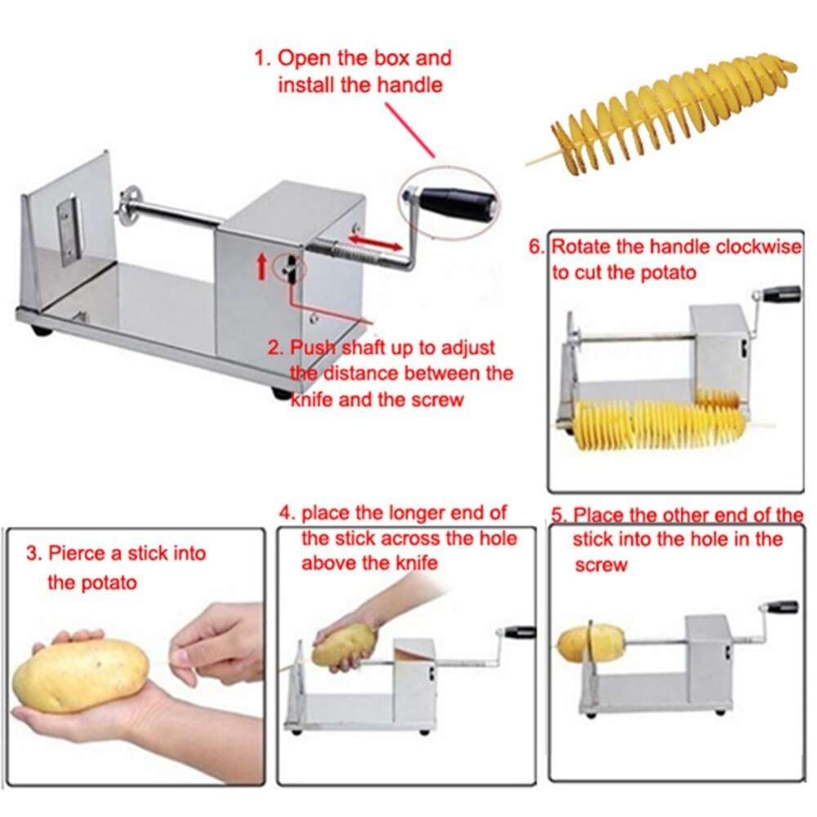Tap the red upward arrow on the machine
click(x=262, y=266)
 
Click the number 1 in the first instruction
click(x=260, y=59)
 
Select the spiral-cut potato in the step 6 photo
click(x=662, y=422)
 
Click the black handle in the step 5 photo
click(x=781, y=607)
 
